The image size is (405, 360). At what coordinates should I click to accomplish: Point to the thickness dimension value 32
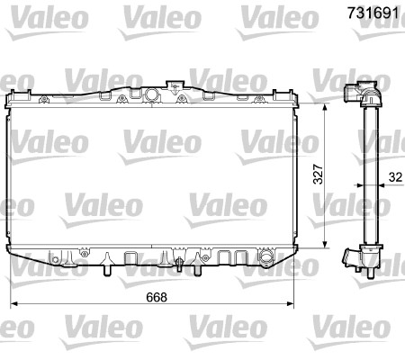point(394,178)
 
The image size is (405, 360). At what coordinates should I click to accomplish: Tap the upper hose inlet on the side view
point(353,94)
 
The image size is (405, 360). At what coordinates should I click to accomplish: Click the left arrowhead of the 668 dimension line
point(13,306)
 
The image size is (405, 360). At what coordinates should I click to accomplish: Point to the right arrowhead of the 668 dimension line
point(291,306)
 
